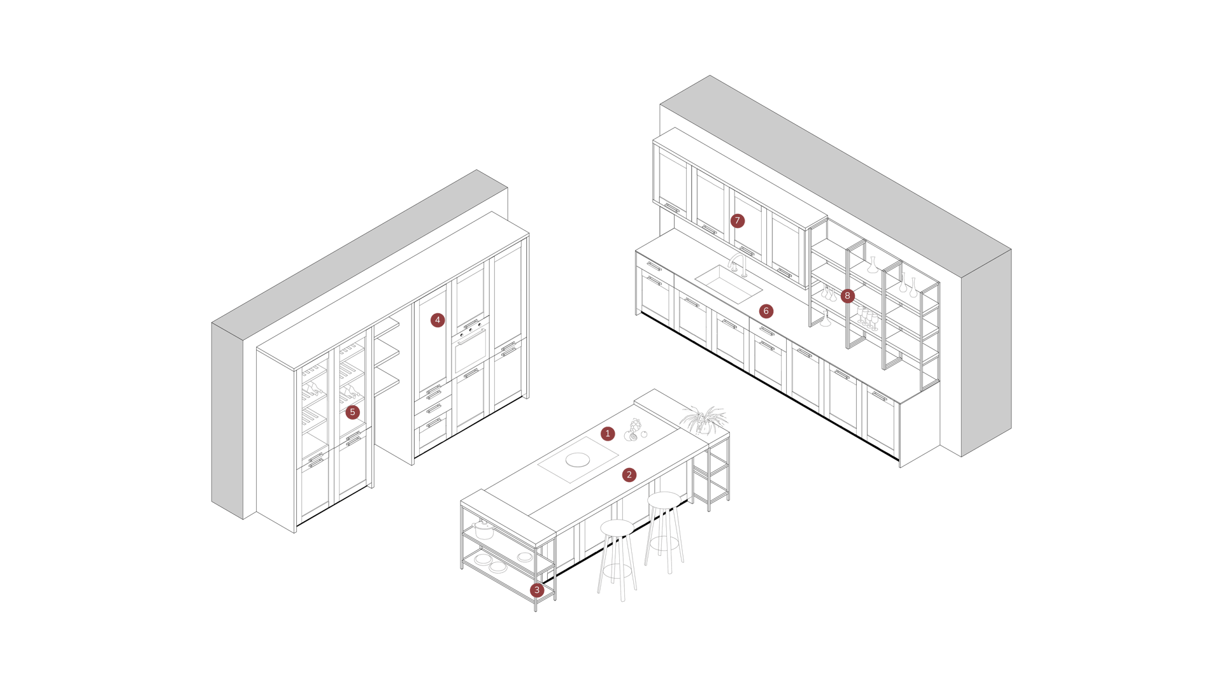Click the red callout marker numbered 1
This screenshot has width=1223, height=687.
[608, 434]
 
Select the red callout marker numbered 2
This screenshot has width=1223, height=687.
[629, 474]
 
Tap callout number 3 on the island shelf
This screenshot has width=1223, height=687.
[536, 590]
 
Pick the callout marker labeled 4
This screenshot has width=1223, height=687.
[437, 320]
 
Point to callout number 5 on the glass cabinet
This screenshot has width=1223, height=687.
[352, 412]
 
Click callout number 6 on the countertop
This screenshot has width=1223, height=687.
[766, 311]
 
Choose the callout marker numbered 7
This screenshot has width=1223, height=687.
[737, 221]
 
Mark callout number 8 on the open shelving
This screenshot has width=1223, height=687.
[847, 295]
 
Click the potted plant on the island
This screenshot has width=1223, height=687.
[703, 419]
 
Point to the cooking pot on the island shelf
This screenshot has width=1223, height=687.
[484, 528]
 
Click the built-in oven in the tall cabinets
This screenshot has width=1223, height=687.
[470, 353]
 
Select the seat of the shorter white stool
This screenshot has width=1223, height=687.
[617, 528]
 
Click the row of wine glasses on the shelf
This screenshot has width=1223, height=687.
[867, 317]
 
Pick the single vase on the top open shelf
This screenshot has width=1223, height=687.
[873, 265]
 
